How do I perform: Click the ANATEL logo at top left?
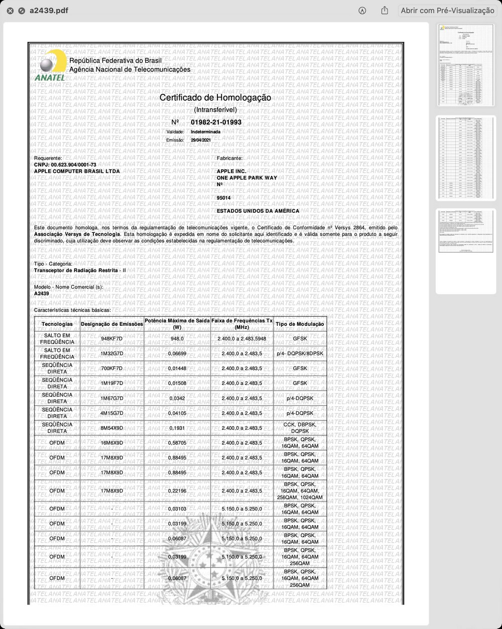click(x=50, y=65)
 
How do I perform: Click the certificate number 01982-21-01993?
click(x=216, y=122)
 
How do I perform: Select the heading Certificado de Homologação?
click(x=215, y=97)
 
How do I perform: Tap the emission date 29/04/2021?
click(x=201, y=140)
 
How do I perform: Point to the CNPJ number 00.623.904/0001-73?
click(x=73, y=165)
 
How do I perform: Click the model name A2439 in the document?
click(x=42, y=294)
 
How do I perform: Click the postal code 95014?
click(x=224, y=198)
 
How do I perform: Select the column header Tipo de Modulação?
click(x=300, y=324)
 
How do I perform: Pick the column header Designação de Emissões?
click(x=112, y=324)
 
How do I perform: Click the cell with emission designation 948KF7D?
click(x=112, y=339)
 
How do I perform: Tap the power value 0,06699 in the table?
click(x=177, y=353)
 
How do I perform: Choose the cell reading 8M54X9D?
click(x=112, y=428)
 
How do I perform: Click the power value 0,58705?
click(x=177, y=443)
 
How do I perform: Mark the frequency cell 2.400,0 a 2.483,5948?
click(x=242, y=339)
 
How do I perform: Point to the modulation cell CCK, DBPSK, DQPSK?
click(x=300, y=428)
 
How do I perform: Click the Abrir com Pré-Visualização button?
click(x=447, y=11)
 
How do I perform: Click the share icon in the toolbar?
click(x=385, y=11)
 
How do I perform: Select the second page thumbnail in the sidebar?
click(x=466, y=158)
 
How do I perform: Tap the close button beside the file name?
click(x=11, y=11)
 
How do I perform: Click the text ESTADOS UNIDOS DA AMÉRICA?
click(x=258, y=211)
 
